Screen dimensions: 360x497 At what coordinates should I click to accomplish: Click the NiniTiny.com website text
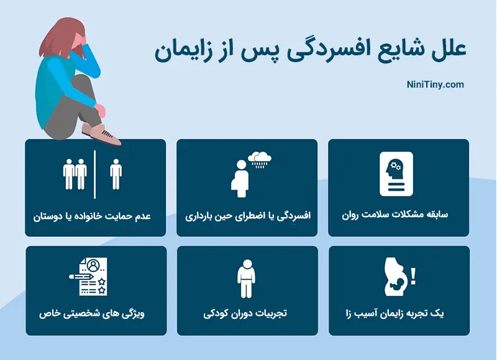[x=435, y=85]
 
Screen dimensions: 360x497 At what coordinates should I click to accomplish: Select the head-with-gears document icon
[x=396, y=173]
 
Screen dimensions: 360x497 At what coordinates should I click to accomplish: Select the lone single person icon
[x=116, y=173]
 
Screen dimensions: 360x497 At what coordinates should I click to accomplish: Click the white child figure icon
[x=247, y=279]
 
